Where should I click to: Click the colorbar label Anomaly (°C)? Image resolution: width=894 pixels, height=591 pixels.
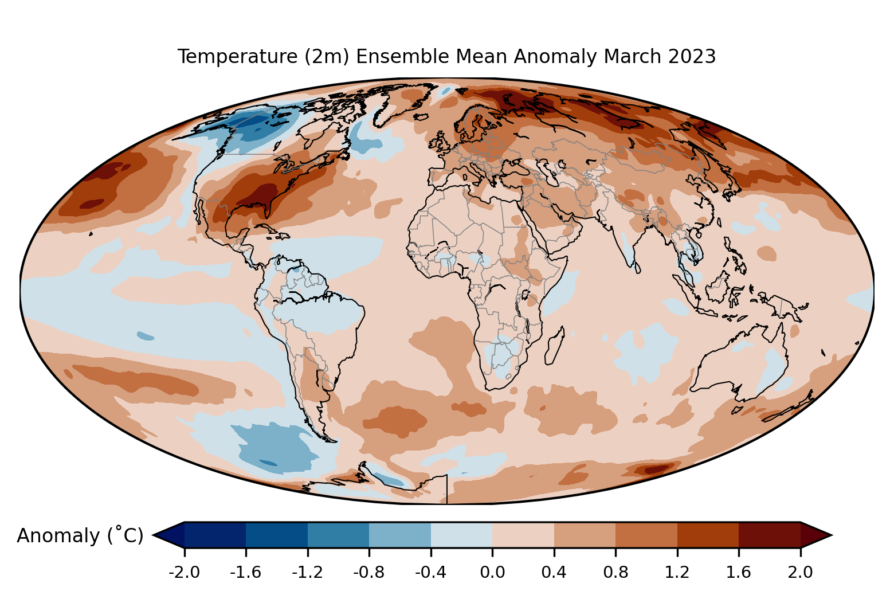tap(80, 536)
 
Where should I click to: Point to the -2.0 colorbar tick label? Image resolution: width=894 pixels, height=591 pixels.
tap(184, 573)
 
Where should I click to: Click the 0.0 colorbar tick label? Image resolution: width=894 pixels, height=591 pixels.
tap(492, 573)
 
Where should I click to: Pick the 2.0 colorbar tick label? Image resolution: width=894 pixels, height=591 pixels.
tap(800, 573)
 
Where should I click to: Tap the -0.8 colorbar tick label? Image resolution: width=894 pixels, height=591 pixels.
tap(369, 573)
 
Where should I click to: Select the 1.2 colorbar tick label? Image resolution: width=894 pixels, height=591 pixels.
tap(677, 573)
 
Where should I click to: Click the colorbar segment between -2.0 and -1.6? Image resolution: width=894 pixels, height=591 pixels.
tap(215, 535)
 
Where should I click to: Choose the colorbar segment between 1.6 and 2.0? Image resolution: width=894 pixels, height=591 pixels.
tap(769, 535)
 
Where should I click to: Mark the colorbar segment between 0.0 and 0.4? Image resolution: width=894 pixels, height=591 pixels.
tap(523, 535)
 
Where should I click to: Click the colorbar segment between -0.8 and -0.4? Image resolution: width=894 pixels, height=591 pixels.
tap(400, 535)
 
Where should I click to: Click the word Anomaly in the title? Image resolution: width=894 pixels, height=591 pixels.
tap(556, 57)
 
